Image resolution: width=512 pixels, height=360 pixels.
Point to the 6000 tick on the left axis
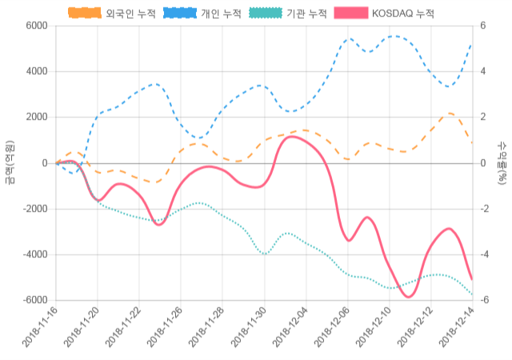pyautogui.click(x=36, y=26)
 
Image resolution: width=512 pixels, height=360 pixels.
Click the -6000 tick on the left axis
pyautogui.click(x=34, y=301)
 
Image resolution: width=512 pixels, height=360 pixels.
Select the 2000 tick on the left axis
pyautogui.click(x=36, y=118)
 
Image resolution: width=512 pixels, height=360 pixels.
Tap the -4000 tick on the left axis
pyautogui.click(x=34, y=255)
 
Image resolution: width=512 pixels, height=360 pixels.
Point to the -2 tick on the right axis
pyautogui.click(x=486, y=210)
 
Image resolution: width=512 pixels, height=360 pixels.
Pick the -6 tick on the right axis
pyautogui.click(x=486, y=301)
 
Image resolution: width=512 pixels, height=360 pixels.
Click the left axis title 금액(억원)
pyautogui.click(x=10, y=162)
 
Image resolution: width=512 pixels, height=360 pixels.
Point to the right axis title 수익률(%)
pyautogui.click(x=502, y=162)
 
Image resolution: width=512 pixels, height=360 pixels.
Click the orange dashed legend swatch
pyautogui.click(x=84, y=14)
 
